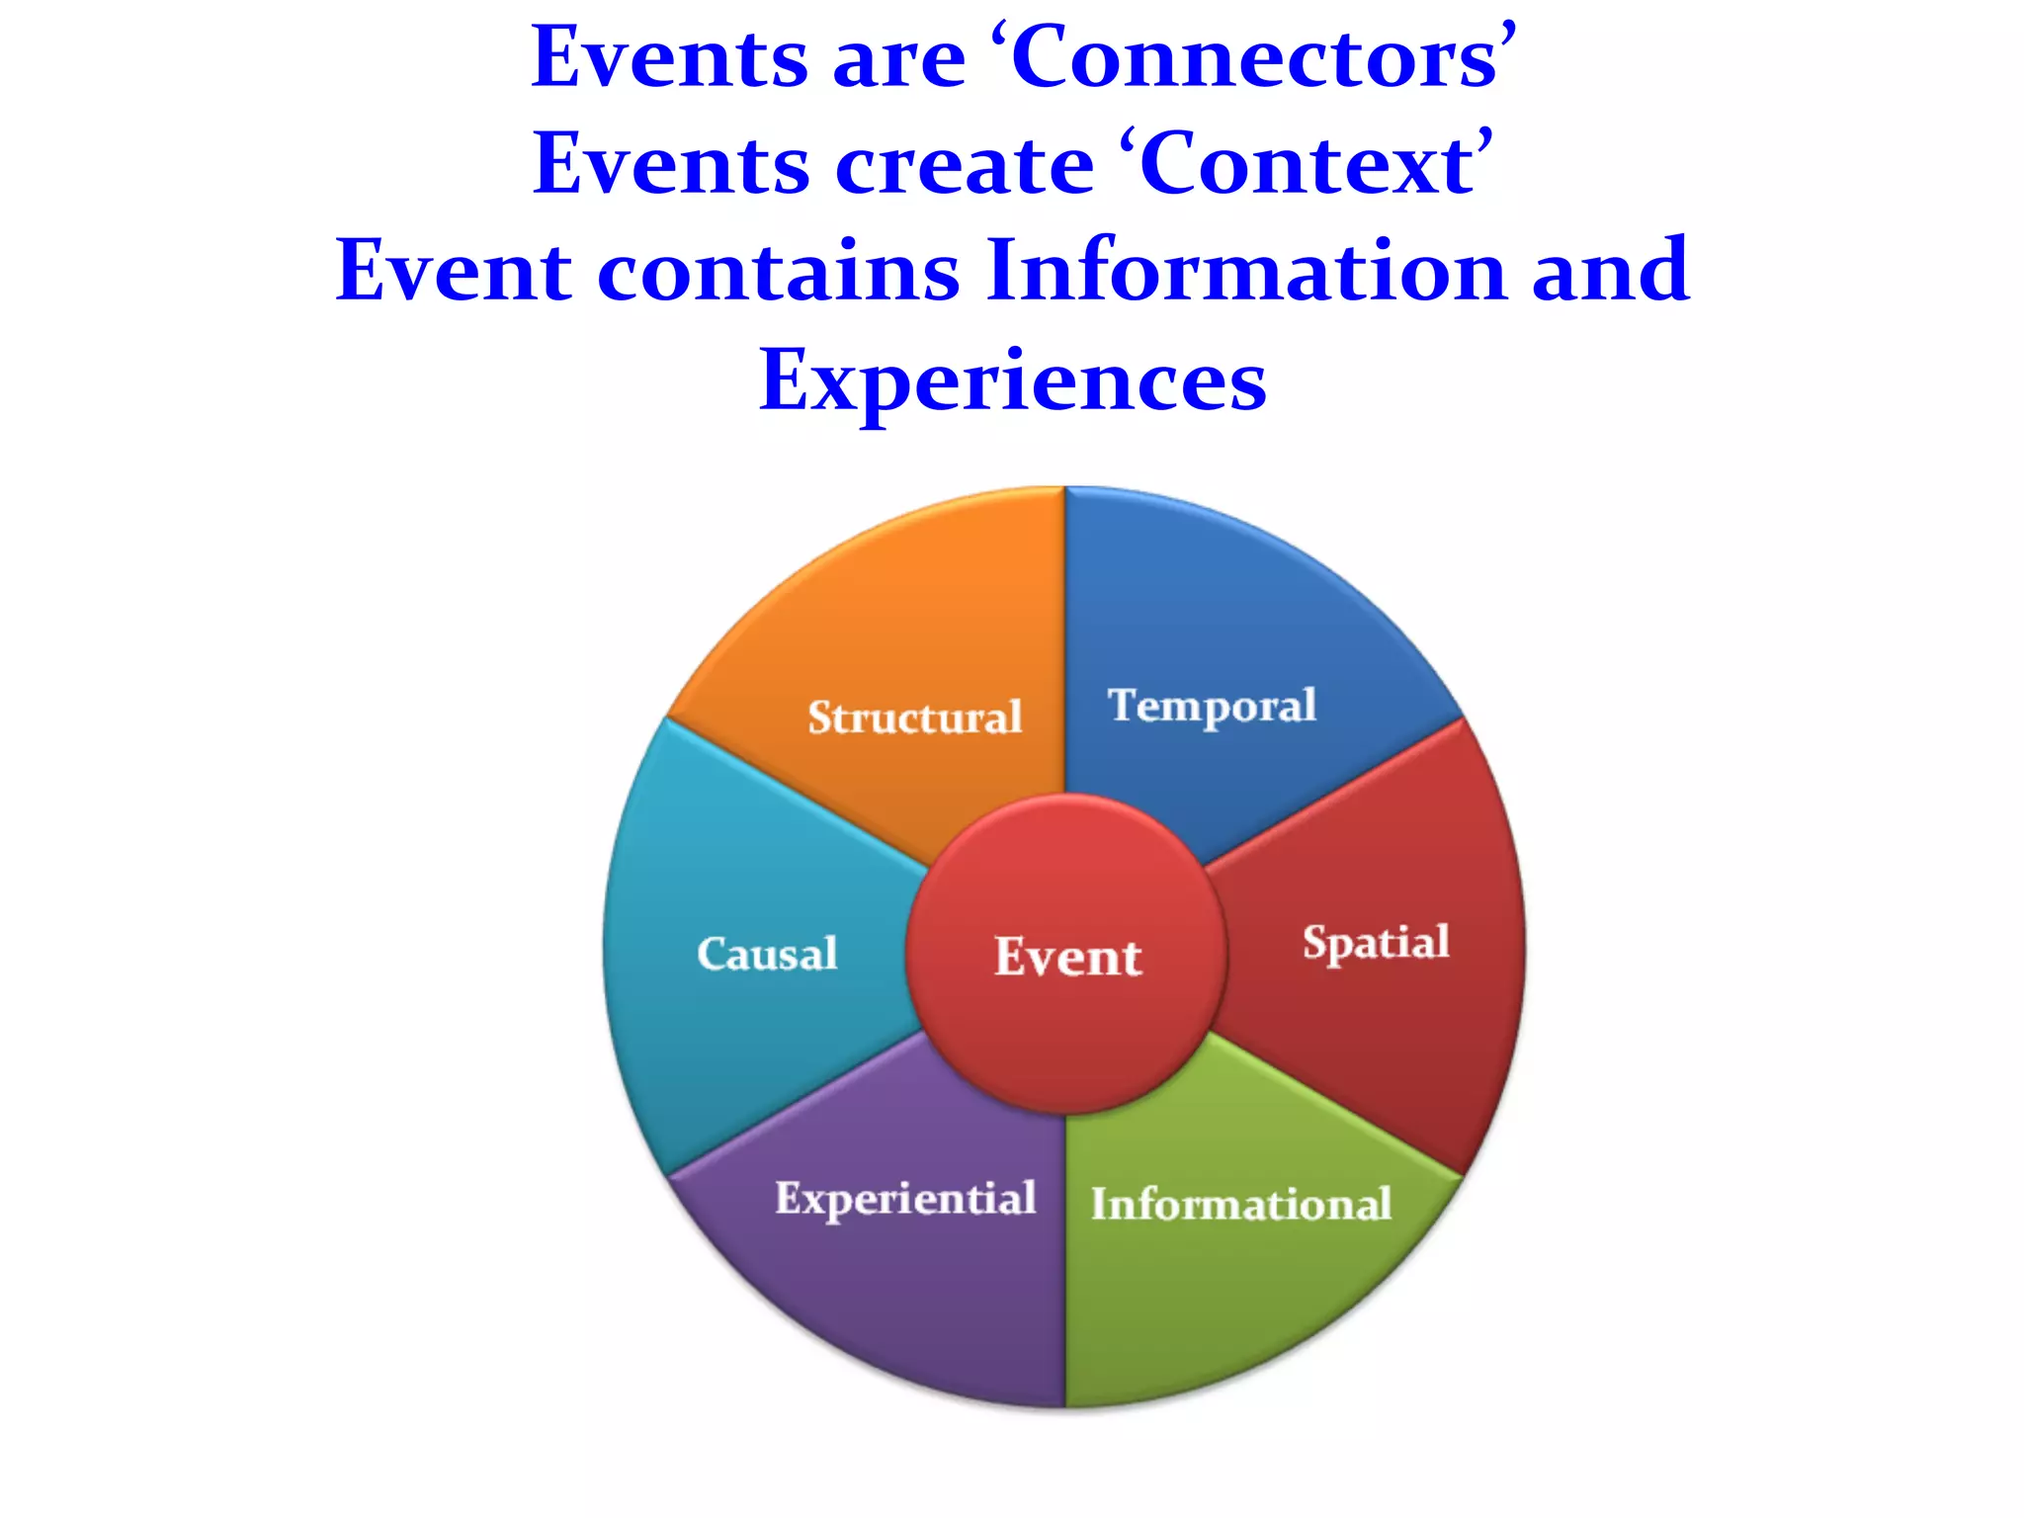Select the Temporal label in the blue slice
click(x=1212, y=707)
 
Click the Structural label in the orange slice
click(x=914, y=717)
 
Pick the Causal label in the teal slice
click(x=767, y=955)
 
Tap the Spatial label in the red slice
click(x=1376, y=943)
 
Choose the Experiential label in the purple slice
click(x=905, y=1199)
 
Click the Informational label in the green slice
click(x=1240, y=1205)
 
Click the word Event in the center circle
click(x=1067, y=957)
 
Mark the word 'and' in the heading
click(x=1610, y=271)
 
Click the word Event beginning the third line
click(x=454, y=271)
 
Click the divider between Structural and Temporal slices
click(x=1065, y=642)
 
